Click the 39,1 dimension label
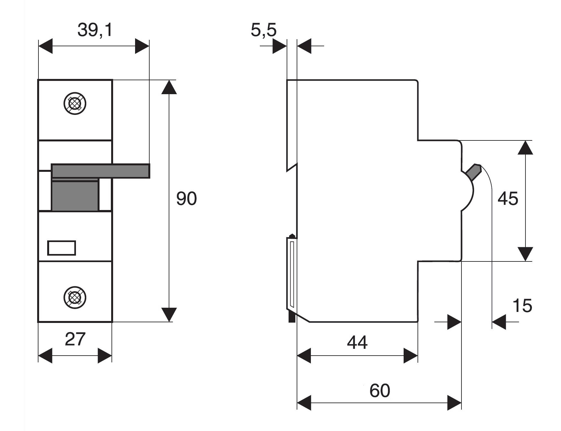95,30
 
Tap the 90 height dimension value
186,199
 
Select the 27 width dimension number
75,339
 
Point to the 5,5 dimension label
264,30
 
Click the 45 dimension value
508,199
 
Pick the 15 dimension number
522,306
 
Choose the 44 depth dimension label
357,342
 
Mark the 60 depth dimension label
380,391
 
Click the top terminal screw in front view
75,104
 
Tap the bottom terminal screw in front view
75,297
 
